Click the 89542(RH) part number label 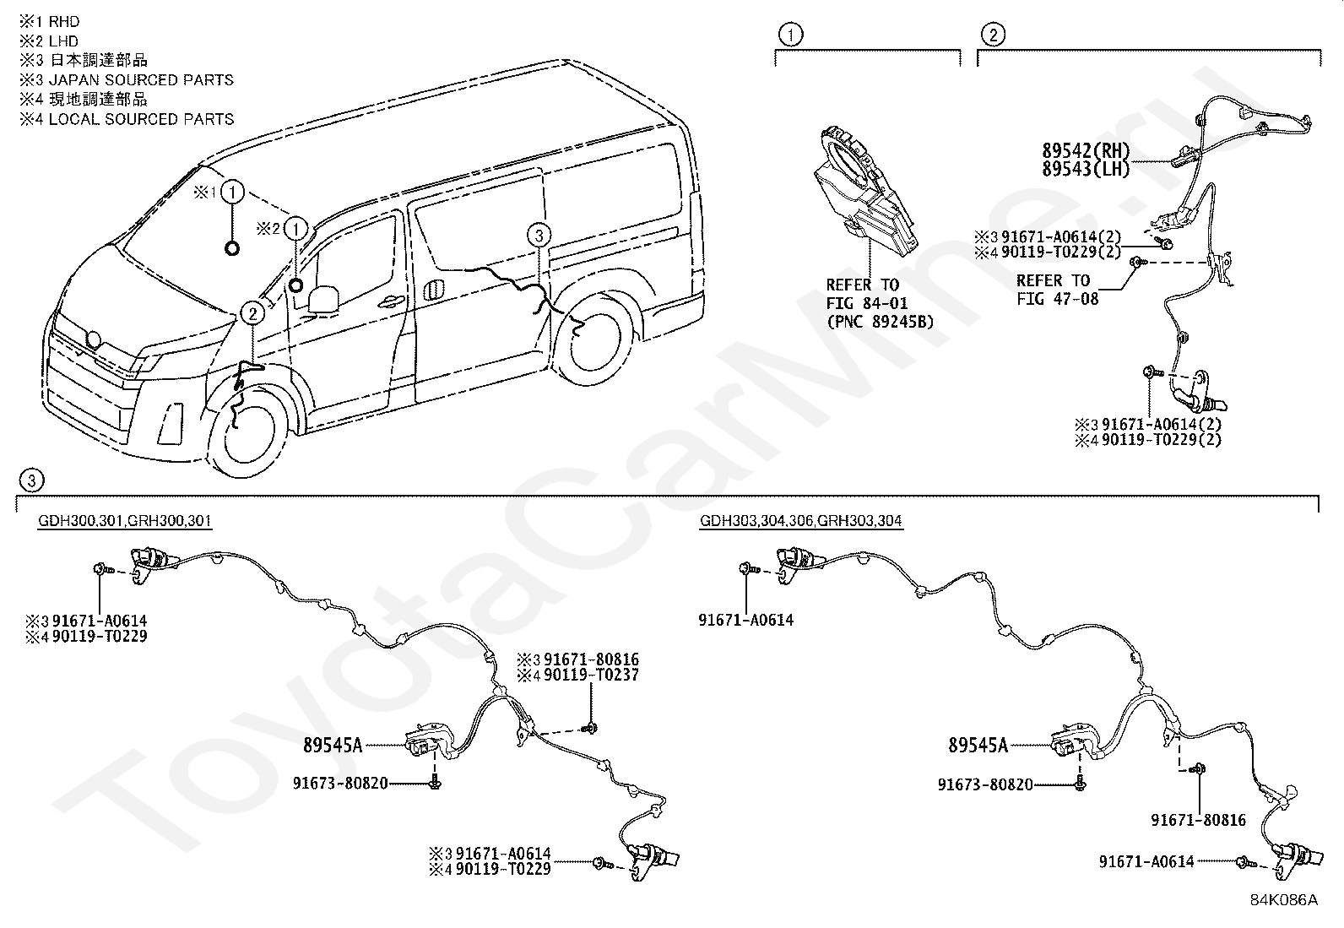[1086, 150]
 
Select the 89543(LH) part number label [1086, 169]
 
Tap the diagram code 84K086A [1283, 900]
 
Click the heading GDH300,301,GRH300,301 [125, 520]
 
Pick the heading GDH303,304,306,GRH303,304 [800, 520]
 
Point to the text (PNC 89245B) [881, 322]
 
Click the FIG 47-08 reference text [1057, 298]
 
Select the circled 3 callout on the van [539, 236]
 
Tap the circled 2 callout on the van [252, 313]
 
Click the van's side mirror [322, 298]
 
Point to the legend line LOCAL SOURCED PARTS [127, 119]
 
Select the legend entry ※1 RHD [50, 22]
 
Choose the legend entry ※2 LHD [49, 41]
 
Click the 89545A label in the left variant [333, 745]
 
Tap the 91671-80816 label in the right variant [1198, 820]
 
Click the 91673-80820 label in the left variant [340, 784]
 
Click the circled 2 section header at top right [993, 35]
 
